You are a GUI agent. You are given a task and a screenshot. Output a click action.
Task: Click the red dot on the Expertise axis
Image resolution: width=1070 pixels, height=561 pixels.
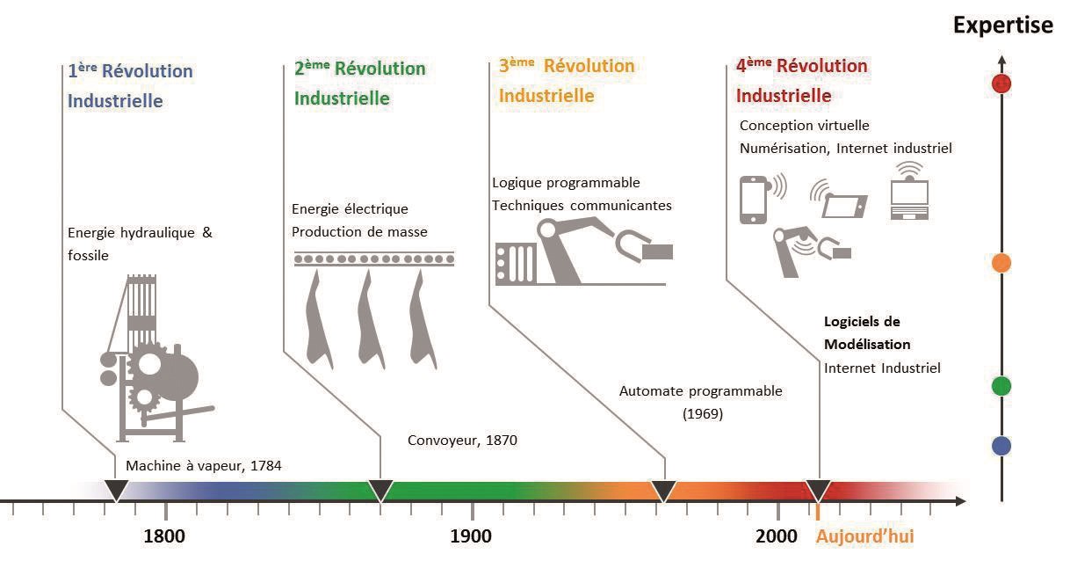tap(1001, 84)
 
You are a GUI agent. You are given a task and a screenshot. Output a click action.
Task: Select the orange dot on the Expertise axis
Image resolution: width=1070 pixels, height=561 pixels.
tap(1001, 263)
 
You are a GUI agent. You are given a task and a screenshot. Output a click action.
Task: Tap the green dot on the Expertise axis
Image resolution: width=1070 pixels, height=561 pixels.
tap(1001, 386)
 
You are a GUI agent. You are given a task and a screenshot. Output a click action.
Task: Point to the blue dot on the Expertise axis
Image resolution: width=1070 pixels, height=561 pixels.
tap(1001, 446)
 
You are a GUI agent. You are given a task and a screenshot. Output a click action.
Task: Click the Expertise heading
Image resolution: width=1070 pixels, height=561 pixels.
tap(1002, 25)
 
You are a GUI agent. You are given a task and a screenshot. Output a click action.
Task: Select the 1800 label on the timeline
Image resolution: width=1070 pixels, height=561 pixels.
tap(164, 536)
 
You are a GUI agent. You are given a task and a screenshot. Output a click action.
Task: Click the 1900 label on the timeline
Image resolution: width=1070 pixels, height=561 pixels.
tap(471, 536)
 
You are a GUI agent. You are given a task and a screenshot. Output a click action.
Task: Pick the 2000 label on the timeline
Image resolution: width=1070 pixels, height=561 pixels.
tap(777, 536)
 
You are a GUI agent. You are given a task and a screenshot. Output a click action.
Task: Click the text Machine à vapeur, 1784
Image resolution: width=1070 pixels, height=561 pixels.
tap(204, 465)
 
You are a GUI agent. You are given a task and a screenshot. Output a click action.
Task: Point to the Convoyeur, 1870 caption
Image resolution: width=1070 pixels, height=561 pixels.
tap(462, 440)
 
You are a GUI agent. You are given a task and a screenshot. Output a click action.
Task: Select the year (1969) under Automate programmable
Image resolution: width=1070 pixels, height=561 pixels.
tap(702, 413)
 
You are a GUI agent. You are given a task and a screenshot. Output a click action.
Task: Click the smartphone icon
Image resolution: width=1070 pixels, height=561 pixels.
tap(753, 200)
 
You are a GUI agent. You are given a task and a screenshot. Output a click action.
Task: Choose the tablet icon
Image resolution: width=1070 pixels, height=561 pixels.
tap(844, 206)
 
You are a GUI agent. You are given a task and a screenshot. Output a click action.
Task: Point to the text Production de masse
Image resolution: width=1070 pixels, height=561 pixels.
tap(359, 232)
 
